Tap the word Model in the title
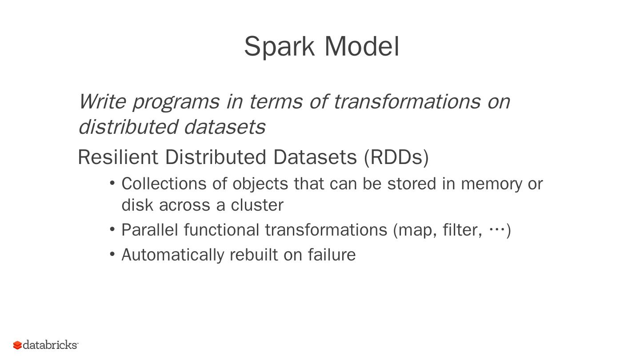tap(362, 46)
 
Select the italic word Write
tap(102, 101)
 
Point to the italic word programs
tap(176, 102)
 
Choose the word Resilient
tap(118, 157)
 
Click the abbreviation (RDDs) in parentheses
tap(396, 157)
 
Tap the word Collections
tap(164, 184)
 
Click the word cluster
tap(256, 205)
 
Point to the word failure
tap(332, 255)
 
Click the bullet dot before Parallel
tap(112, 229)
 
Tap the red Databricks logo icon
tap(17, 345)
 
